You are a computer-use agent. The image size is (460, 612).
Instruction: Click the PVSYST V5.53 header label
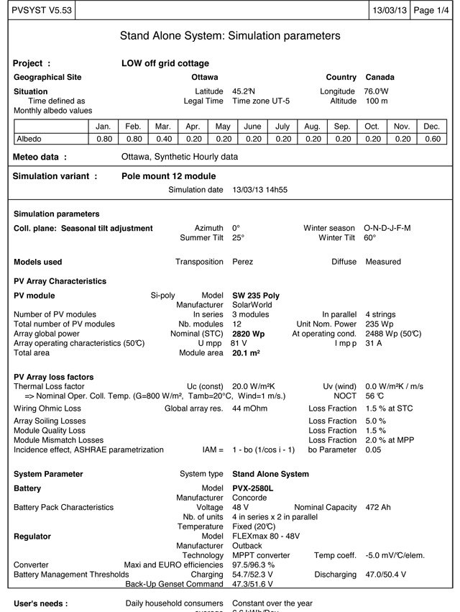(x=37, y=11)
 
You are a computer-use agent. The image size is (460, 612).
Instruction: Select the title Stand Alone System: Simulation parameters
(x=230, y=36)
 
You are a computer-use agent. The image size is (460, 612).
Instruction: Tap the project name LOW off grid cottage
(x=165, y=63)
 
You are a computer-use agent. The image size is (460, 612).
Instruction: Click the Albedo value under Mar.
(x=163, y=139)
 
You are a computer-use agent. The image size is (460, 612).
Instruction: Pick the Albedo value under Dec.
(x=431, y=139)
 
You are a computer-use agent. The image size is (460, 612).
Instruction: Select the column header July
(x=282, y=126)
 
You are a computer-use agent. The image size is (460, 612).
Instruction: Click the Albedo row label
(x=29, y=139)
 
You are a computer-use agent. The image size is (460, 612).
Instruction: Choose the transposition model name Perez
(x=242, y=262)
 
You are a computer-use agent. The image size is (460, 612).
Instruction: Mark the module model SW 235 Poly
(x=256, y=296)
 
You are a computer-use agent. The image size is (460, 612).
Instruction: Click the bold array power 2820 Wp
(x=249, y=334)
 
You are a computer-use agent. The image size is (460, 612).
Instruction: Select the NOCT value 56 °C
(x=374, y=396)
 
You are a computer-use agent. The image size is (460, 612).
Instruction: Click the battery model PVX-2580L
(x=252, y=488)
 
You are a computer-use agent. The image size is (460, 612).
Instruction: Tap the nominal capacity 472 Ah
(x=378, y=507)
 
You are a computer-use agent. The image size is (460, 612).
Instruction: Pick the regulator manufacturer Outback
(x=248, y=546)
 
